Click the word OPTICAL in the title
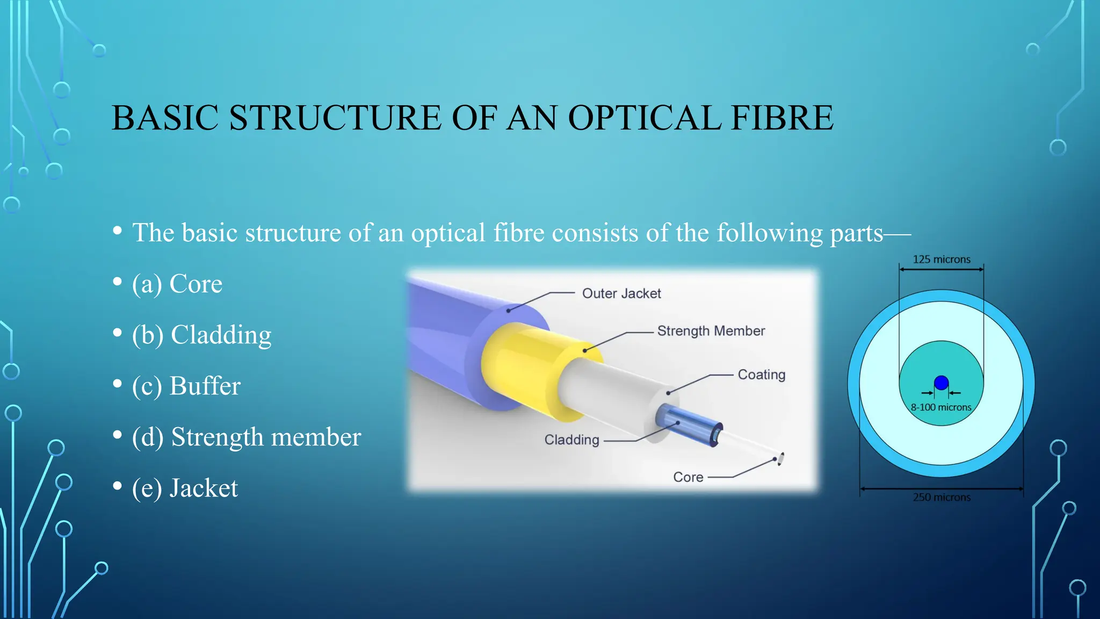643,118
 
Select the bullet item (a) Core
177,284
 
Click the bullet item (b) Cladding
201,335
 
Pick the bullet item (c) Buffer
186,386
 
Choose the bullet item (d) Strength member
247,437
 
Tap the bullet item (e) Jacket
185,488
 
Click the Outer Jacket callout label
621,293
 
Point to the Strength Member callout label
711,331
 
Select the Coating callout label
761,375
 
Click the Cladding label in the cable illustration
571,440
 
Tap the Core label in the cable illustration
688,477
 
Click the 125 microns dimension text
942,260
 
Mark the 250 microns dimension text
942,498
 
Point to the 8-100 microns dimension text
941,407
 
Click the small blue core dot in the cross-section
941,383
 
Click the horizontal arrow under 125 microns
941,269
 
